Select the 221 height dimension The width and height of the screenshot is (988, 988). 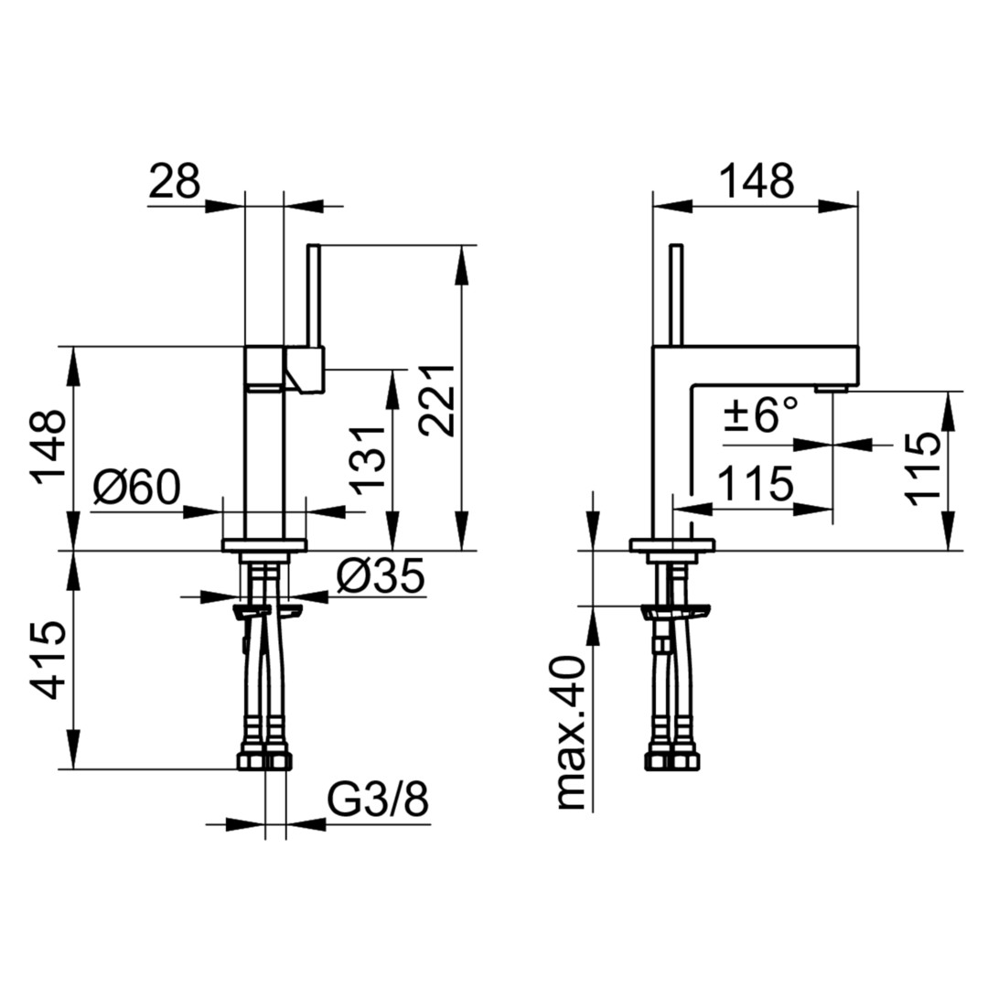(x=437, y=400)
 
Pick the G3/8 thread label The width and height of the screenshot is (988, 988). (x=378, y=800)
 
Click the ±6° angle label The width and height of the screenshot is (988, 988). (x=760, y=415)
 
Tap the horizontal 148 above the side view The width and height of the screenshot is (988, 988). (x=757, y=180)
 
